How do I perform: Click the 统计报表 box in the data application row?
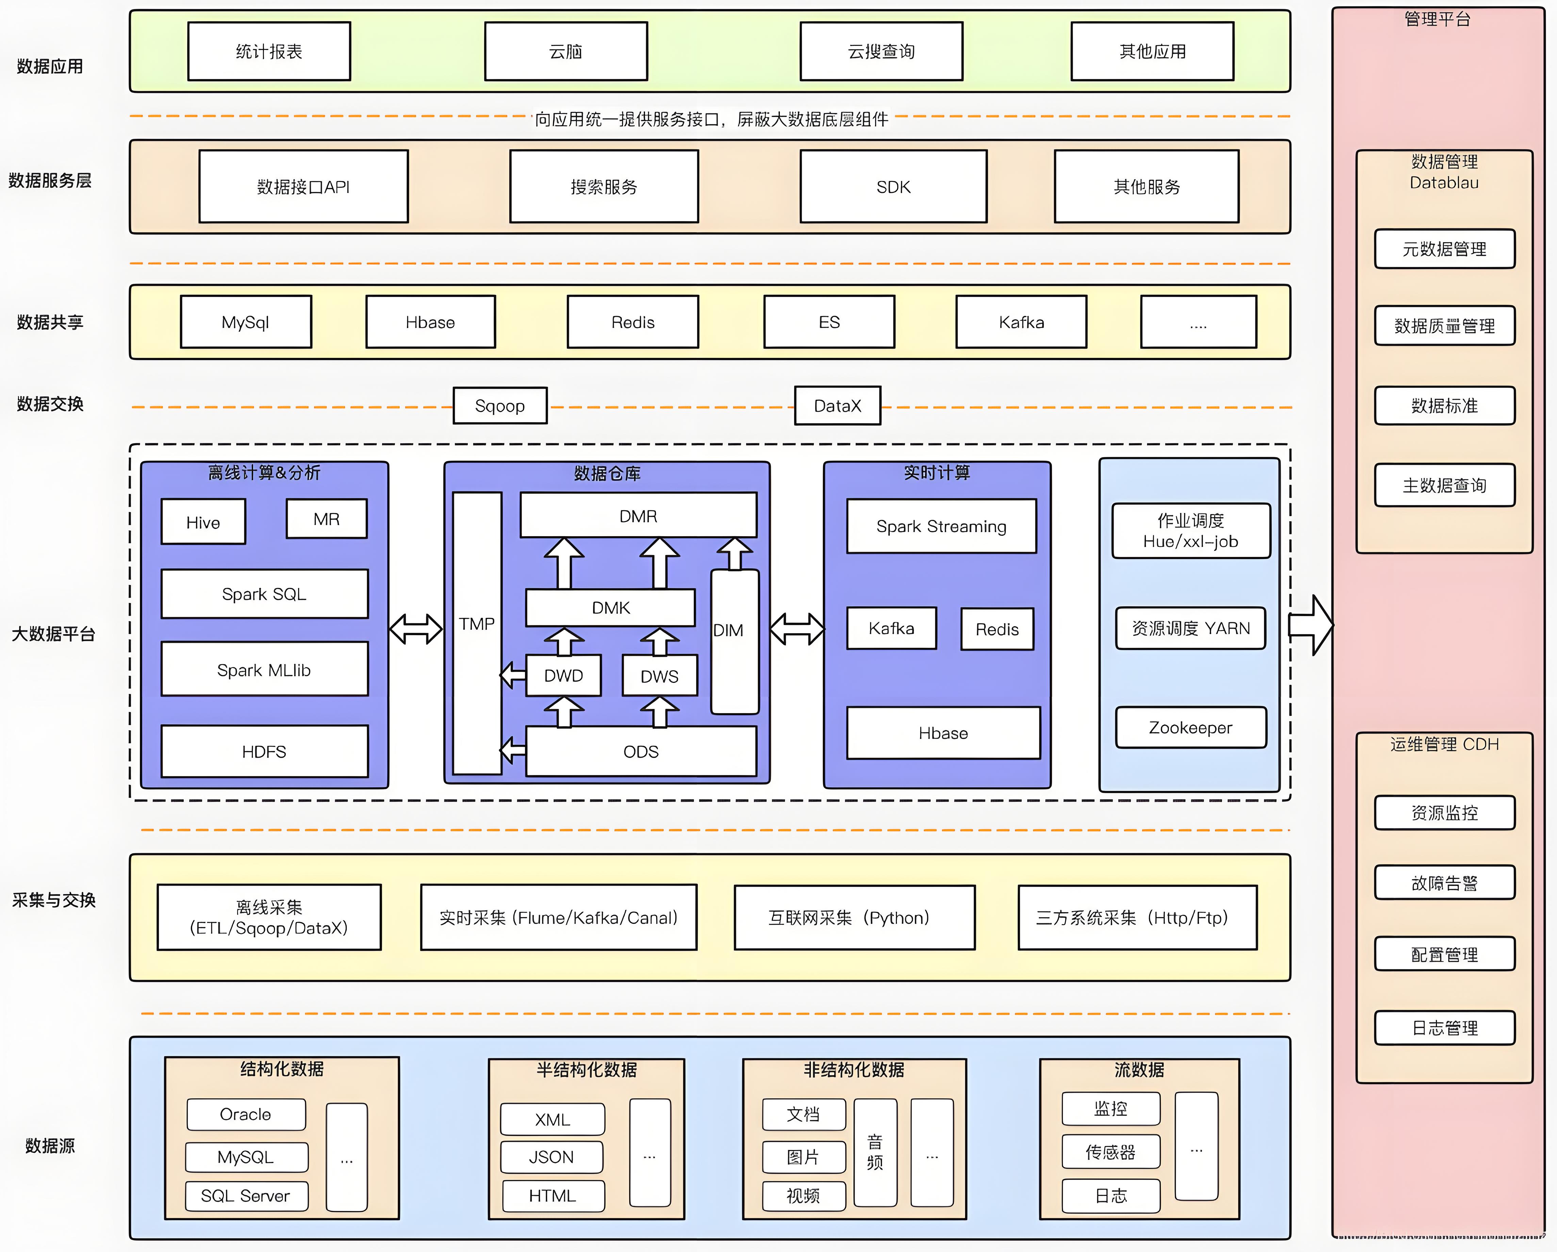269,51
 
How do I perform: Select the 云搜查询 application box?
881,51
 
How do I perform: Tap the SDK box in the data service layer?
893,187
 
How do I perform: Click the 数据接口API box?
303,187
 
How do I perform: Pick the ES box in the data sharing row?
829,322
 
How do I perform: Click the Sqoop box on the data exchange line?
500,406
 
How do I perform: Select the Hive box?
203,522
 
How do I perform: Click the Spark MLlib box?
264,670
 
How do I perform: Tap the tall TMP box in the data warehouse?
477,632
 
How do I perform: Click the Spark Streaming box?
941,526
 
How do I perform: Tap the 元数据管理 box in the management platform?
1444,249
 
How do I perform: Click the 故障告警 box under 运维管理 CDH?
1444,882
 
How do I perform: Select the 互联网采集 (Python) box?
854,918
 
